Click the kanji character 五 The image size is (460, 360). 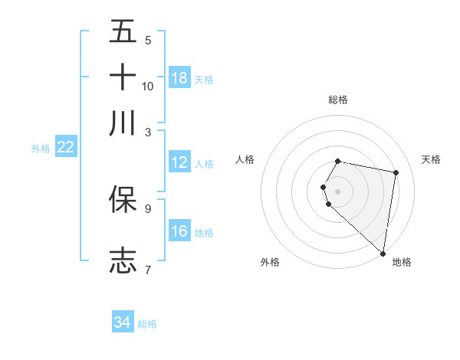[123, 32]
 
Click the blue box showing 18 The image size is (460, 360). [179, 77]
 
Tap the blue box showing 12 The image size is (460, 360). [179, 162]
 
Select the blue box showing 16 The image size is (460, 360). [179, 231]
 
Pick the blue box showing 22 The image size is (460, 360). [65, 147]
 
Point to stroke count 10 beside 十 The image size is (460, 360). [148, 86]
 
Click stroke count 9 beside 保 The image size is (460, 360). [148, 208]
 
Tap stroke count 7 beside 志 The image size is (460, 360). [148, 269]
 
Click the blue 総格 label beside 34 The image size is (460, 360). [147, 323]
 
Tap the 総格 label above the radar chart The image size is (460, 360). [338, 100]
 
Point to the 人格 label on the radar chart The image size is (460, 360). [245, 159]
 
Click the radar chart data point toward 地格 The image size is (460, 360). [383, 253]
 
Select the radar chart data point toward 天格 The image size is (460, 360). [396, 173]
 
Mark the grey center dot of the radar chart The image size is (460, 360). [338, 191]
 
